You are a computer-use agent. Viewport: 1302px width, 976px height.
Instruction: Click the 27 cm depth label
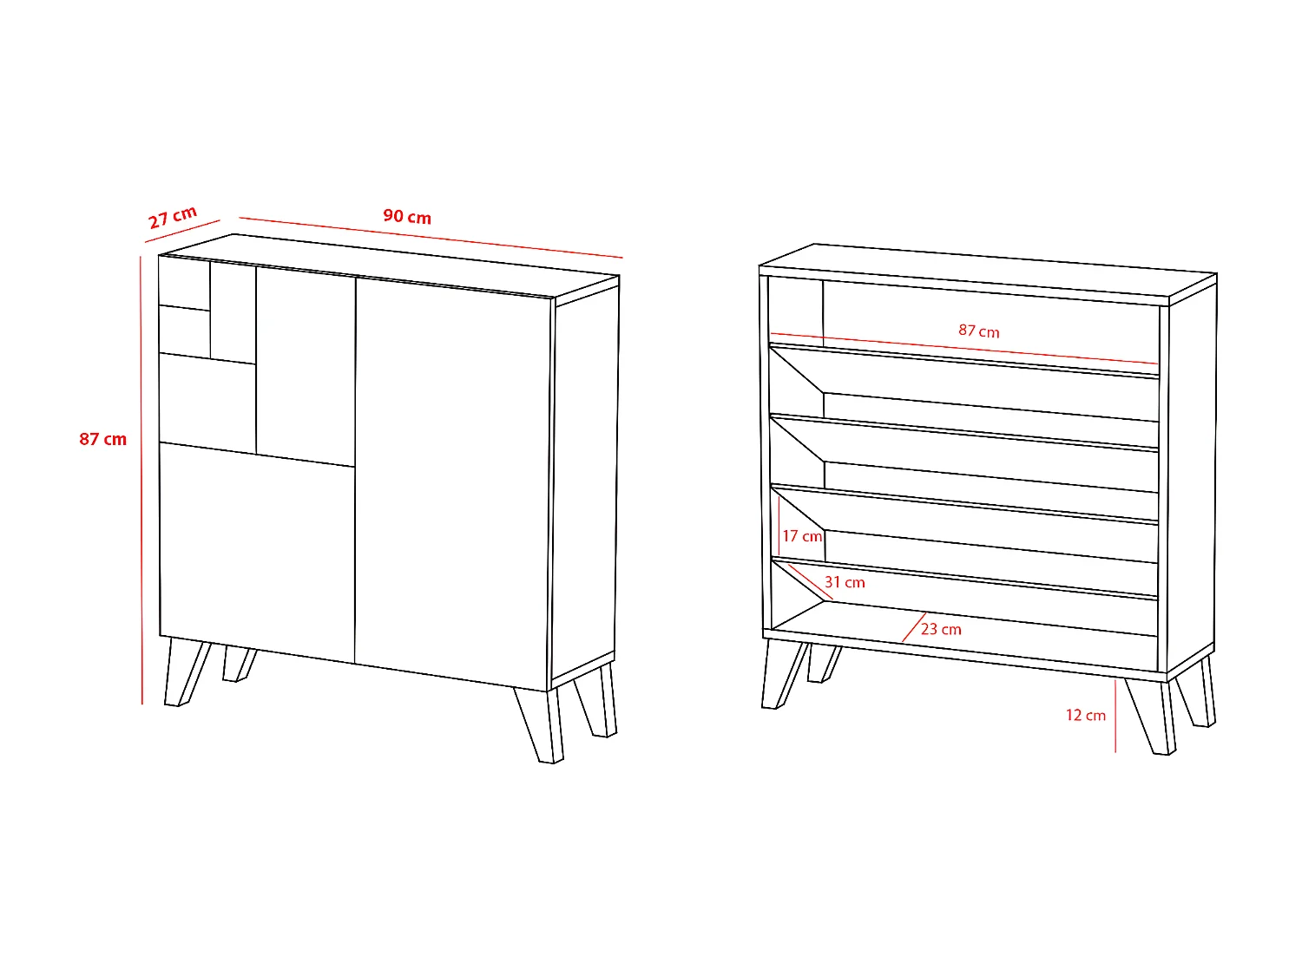click(x=173, y=217)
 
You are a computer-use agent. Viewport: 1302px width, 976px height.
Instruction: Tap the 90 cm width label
click(x=407, y=217)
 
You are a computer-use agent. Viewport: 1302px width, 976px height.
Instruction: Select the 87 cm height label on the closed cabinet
click(x=102, y=439)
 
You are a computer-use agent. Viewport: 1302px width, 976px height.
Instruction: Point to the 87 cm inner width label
click(x=978, y=331)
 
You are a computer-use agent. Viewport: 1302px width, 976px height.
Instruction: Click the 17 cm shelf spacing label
click(x=802, y=536)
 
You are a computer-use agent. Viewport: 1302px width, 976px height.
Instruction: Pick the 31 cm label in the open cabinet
click(x=845, y=582)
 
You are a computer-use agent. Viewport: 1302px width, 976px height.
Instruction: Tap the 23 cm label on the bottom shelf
click(x=942, y=629)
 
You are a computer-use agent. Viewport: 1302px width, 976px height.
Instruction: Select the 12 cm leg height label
click(x=1085, y=715)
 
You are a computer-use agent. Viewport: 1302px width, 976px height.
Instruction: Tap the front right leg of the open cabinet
click(x=1151, y=716)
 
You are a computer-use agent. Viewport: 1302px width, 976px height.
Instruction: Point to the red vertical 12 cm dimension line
click(x=1115, y=716)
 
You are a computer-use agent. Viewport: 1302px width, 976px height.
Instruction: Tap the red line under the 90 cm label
click(x=431, y=237)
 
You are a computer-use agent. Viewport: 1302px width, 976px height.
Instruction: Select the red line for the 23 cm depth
click(x=912, y=627)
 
